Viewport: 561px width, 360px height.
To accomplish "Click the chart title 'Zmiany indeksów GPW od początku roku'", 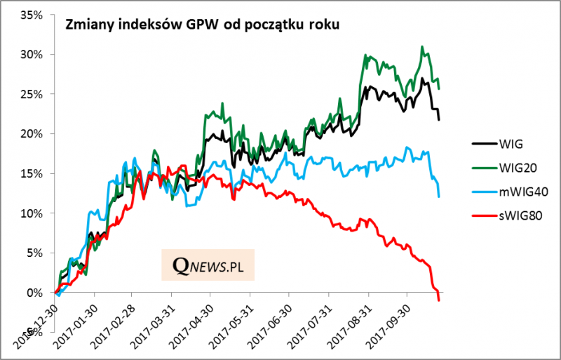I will pyautogui.click(x=203, y=25).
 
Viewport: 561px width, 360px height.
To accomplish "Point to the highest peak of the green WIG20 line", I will pyautogui.click(x=421, y=47).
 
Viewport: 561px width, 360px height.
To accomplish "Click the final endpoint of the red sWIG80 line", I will pyautogui.click(x=439, y=300).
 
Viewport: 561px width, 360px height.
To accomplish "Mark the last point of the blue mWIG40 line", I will pyautogui.click(x=439, y=196).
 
